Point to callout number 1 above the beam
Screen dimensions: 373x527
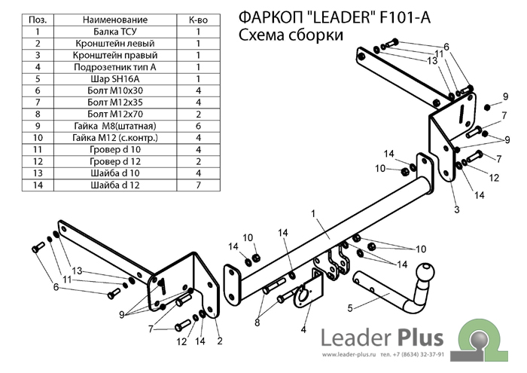(x=312, y=214)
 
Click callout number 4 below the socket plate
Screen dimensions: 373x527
(x=303, y=330)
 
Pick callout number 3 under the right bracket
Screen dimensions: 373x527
(x=456, y=209)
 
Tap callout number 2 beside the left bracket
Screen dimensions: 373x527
(x=219, y=341)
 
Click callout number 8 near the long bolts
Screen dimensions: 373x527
(x=259, y=322)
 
